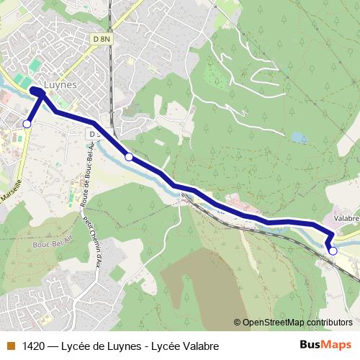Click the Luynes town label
pyautogui.click(x=60, y=84)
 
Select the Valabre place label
pyautogui.click(x=346, y=217)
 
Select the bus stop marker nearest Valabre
pyautogui.click(x=333, y=251)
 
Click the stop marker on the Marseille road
pyautogui.click(x=27, y=124)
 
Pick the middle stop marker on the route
pyautogui.click(x=129, y=156)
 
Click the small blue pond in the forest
pyautogui.click(x=299, y=137)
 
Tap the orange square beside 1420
pyautogui.click(x=11, y=346)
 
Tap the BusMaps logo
pyautogui.click(x=325, y=345)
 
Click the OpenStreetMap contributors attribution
pyautogui.click(x=297, y=323)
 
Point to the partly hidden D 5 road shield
pyautogui.click(x=94, y=134)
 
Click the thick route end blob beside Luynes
pyautogui.click(x=37, y=91)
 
